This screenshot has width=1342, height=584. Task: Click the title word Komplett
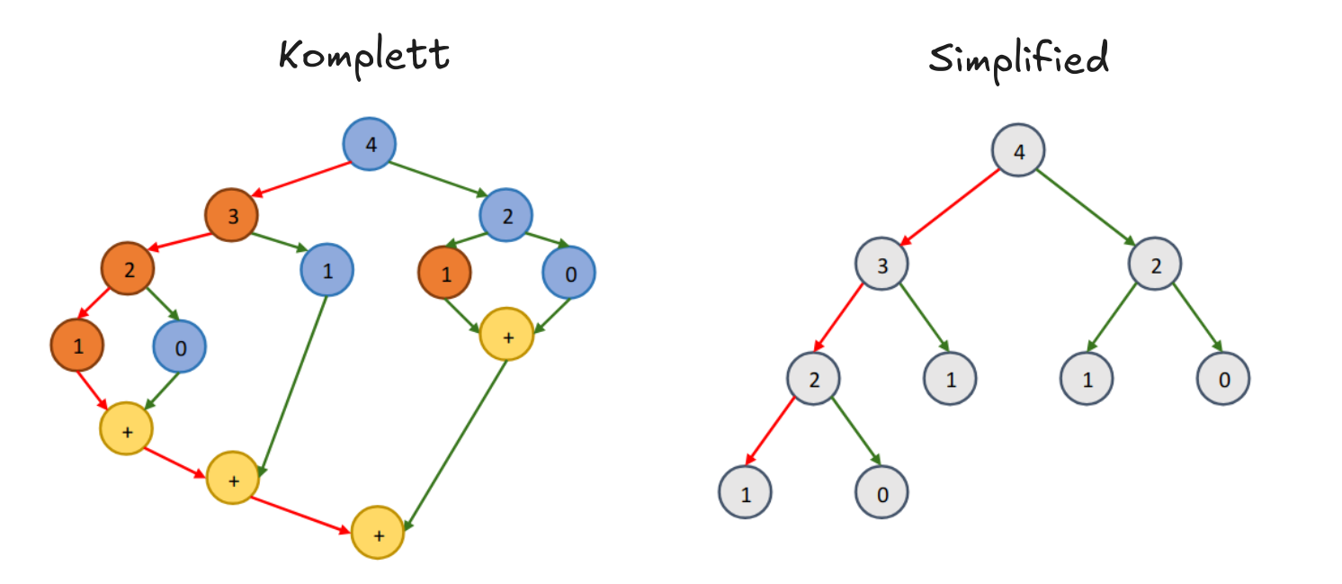(x=363, y=57)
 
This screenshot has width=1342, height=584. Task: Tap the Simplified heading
(x=1018, y=59)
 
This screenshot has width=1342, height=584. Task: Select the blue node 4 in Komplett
(x=370, y=144)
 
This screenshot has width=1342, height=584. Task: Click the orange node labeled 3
(x=231, y=216)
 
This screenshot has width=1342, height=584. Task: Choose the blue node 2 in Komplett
(x=506, y=216)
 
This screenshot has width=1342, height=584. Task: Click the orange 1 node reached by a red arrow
(x=77, y=346)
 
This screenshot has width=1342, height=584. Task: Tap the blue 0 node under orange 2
(x=180, y=346)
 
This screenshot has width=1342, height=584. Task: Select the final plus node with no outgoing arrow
(x=378, y=532)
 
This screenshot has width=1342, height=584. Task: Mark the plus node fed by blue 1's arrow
(x=233, y=478)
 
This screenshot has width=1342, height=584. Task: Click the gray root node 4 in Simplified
(x=1018, y=150)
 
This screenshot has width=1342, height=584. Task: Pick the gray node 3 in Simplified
(x=881, y=265)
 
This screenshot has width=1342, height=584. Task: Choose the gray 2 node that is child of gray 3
(x=813, y=378)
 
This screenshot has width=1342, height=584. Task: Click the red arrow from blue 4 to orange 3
(x=301, y=179)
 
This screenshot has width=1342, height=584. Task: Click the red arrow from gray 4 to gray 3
(x=950, y=207)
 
